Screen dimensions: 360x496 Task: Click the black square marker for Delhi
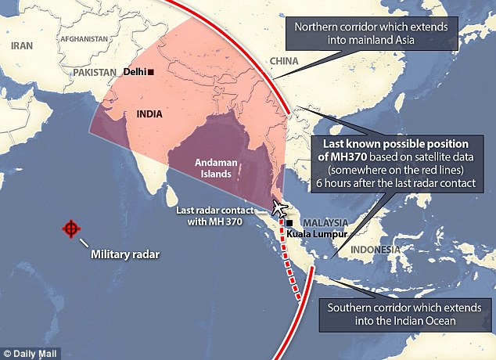tap(151, 72)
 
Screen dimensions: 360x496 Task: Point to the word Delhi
tap(134, 72)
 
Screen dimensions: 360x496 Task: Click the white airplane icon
tap(279, 207)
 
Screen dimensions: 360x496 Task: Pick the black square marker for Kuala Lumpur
tap(289, 222)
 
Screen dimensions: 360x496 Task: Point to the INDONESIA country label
tap(373, 250)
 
